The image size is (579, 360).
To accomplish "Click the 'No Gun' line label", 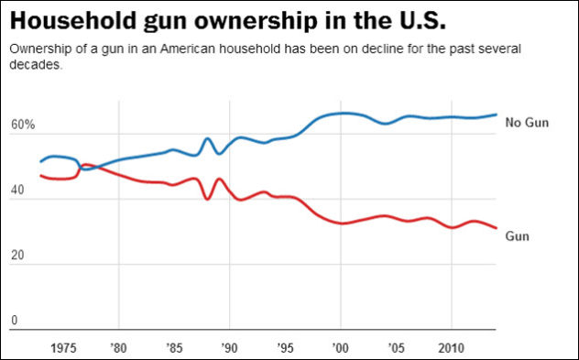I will pos(527,123).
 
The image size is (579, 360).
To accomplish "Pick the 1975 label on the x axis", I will pos(63,347).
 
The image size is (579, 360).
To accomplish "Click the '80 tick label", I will pos(119,347).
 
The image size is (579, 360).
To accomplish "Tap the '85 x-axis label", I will pos(174,347).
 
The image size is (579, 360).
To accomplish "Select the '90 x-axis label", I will pos(229,347).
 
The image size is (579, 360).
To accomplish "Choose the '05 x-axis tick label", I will pos(396,347).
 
